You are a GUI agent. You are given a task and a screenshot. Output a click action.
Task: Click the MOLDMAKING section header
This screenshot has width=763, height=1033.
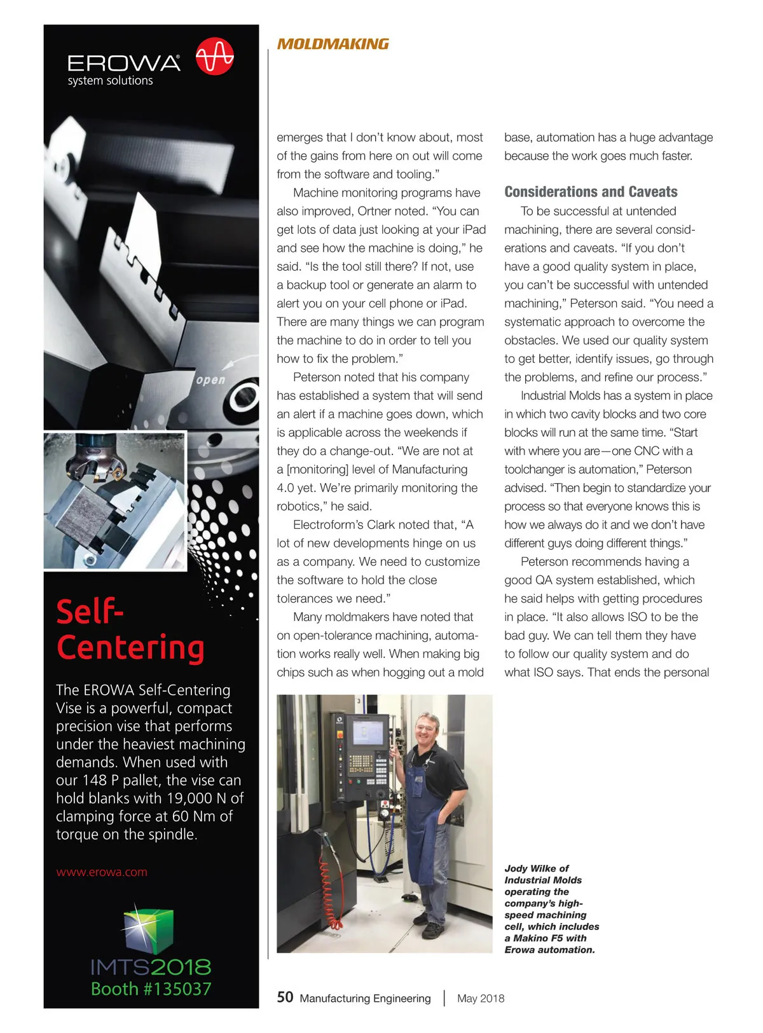pyautogui.click(x=333, y=44)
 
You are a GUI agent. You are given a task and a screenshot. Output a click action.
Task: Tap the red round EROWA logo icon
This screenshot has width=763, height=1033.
pyautogui.click(x=214, y=57)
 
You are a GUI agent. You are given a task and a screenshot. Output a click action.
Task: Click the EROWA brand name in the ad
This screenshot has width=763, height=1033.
pyautogui.click(x=124, y=64)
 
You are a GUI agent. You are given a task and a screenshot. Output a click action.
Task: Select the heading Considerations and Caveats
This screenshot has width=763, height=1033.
pyautogui.click(x=591, y=192)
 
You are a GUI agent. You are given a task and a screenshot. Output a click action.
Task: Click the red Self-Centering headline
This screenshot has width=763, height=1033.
pyautogui.click(x=130, y=630)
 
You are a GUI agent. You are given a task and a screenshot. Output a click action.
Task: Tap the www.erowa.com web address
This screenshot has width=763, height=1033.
pyautogui.click(x=102, y=872)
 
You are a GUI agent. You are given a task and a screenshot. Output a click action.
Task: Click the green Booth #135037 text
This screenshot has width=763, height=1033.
pyautogui.click(x=151, y=989)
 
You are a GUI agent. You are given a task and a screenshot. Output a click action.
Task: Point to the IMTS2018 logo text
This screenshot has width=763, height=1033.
pyautogui.click(x=151, y=967)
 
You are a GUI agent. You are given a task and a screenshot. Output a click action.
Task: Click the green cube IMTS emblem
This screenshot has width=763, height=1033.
pyautogui.click(x=149, y=929)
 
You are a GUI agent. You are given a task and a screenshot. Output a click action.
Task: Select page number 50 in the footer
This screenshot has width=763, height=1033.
pyautogui.click(x=285, y=997)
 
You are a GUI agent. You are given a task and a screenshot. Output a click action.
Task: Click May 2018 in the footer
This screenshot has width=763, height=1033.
pyautogui.click(x=481, y=999)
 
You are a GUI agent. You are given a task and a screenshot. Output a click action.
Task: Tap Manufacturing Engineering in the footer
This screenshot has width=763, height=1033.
pyautogui.click(x=365, y=999)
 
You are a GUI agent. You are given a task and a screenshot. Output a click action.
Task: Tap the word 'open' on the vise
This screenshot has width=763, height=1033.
pyautogui.click(x=210, y=380)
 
